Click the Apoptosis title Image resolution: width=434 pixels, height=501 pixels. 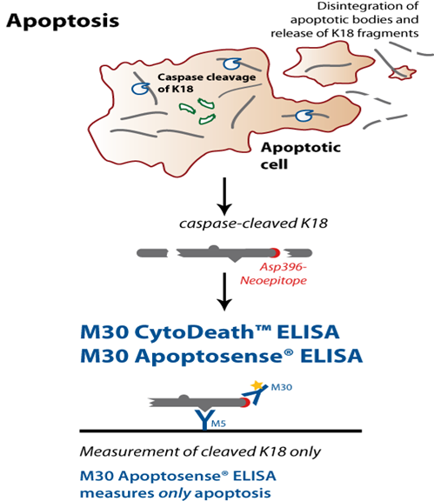tap(63, 22)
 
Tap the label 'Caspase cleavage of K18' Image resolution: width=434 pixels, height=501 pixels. tap(206, 83)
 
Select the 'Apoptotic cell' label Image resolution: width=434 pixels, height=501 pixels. tap(300, 156)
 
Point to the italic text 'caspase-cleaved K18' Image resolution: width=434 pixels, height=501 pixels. tap(253, 224)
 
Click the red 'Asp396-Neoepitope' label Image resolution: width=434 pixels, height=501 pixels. tap(274, 274)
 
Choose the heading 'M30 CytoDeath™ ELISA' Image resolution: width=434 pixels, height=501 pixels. tap(210, 331)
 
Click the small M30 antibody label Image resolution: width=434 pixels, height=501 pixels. tap(281, 387)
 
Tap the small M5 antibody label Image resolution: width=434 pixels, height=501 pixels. tap(218, 424)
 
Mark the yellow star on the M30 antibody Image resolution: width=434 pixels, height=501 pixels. tap(257, 385)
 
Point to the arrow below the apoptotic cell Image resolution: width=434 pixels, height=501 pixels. tap(224, 197)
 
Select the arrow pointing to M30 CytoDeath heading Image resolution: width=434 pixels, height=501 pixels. tap(224, 291)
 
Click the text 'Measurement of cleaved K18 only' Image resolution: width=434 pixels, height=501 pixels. tap(200, 451)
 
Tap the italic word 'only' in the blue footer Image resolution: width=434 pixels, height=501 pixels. tap(175, 492)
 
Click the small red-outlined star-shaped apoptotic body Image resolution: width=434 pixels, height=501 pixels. tap(403, 72)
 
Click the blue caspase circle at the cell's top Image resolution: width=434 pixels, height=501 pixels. tap(231, 63)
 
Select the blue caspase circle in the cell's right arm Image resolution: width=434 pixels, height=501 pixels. tap(304, 116)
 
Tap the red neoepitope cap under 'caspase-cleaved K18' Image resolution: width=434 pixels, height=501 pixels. tap(276, 253)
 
